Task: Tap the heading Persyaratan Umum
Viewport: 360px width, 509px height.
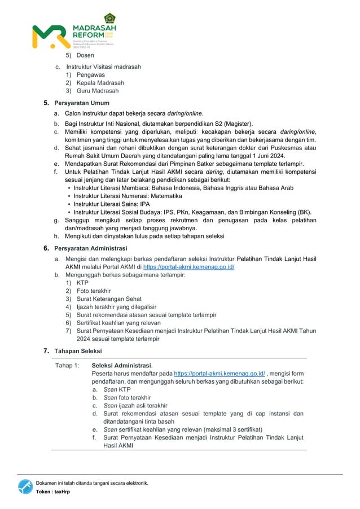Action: click(81, 103)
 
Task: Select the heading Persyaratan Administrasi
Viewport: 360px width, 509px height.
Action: click(90, 248)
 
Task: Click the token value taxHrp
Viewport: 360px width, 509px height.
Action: click(62, 492)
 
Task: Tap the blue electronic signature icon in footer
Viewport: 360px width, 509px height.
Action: click(25, 486)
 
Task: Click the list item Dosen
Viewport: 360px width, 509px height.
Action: click(85, 55)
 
